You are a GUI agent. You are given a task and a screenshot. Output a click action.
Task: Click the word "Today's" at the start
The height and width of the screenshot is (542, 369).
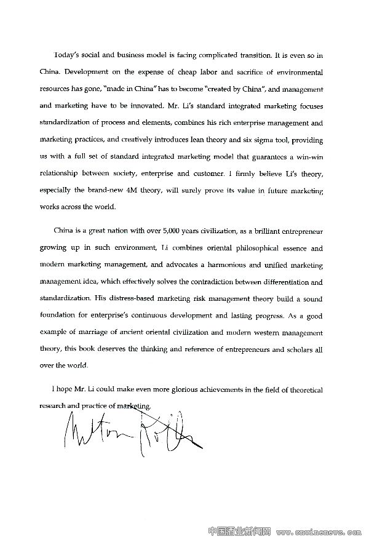coord(68,55)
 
